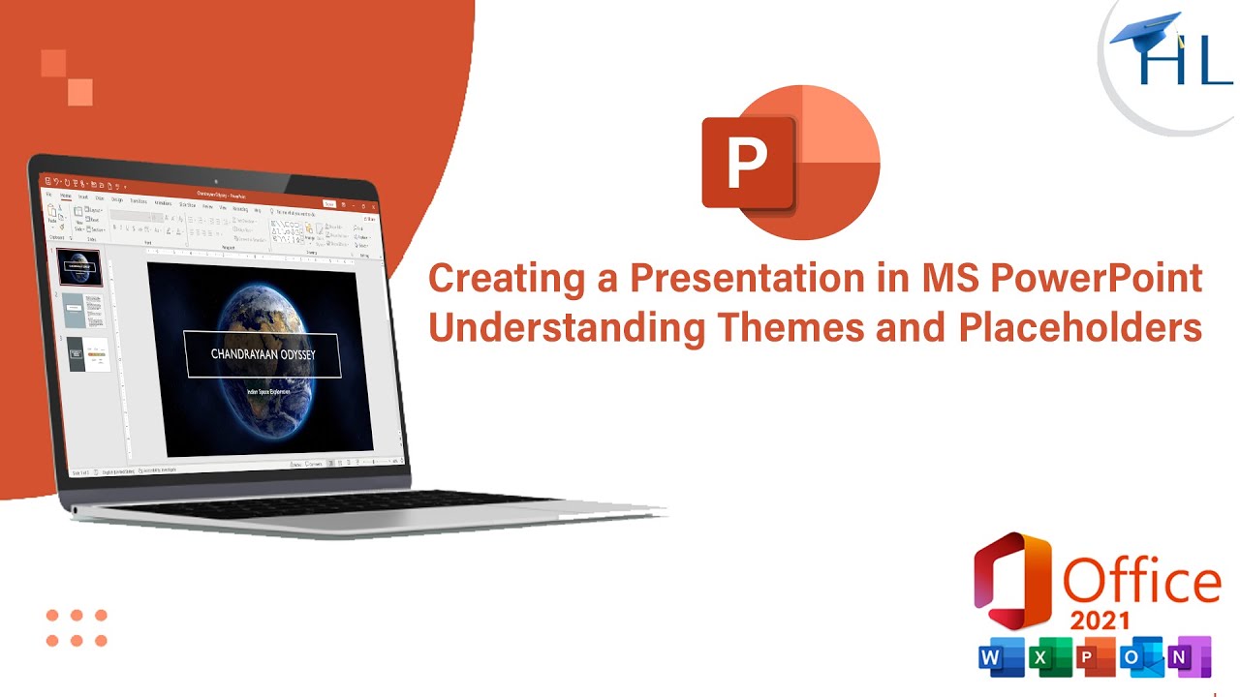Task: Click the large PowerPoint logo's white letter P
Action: point(747,164)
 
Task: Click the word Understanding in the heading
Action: point(567,328)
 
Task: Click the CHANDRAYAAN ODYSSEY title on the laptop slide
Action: point(262,354)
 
